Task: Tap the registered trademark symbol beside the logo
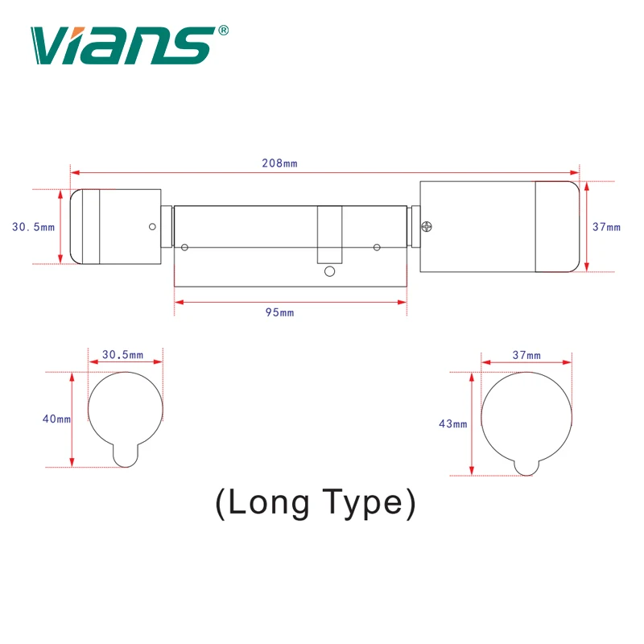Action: tap(224, 31)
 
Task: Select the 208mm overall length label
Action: tap(279, 163)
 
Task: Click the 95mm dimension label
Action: tap(279, 312)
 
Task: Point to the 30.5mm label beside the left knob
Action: tap(33, 227)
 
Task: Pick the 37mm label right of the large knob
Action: tap(606, 227)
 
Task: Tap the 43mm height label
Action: tap(453, 424)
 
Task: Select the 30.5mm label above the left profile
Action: tap(124, 355)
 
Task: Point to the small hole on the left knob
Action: tap(151, 227)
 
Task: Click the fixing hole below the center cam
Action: tap(329, 272)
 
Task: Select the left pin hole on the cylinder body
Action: tap(185, 247)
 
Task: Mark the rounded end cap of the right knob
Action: tap(558, 227)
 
